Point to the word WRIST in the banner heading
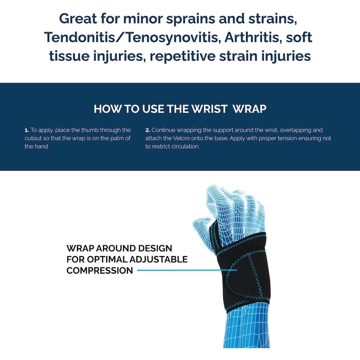[x=211, y=109]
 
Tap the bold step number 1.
[x=26, y=130]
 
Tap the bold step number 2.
[x=147, y=130]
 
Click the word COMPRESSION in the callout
[x=99, y=270]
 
